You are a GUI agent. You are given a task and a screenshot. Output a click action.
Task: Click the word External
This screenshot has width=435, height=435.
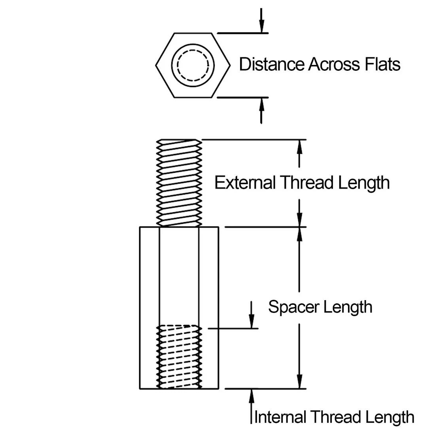point(245,183)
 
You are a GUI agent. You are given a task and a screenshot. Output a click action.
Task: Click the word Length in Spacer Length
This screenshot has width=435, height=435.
point(348,307)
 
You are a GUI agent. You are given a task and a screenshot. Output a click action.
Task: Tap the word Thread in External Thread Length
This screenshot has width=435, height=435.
point(303,183)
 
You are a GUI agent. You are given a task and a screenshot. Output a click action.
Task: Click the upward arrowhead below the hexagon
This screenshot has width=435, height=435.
point(261,104)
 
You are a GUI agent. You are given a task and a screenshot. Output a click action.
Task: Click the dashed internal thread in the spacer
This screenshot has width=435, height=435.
point(180,356)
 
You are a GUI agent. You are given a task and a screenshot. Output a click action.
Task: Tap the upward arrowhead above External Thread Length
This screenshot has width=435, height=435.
point(299,146)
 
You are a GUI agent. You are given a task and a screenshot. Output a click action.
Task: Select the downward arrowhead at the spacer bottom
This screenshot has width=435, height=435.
point(299,382)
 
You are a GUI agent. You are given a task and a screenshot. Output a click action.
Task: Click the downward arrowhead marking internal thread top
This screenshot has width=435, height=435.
point(251,322)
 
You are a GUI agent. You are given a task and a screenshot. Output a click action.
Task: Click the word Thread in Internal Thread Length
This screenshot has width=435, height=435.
point(334,417)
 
